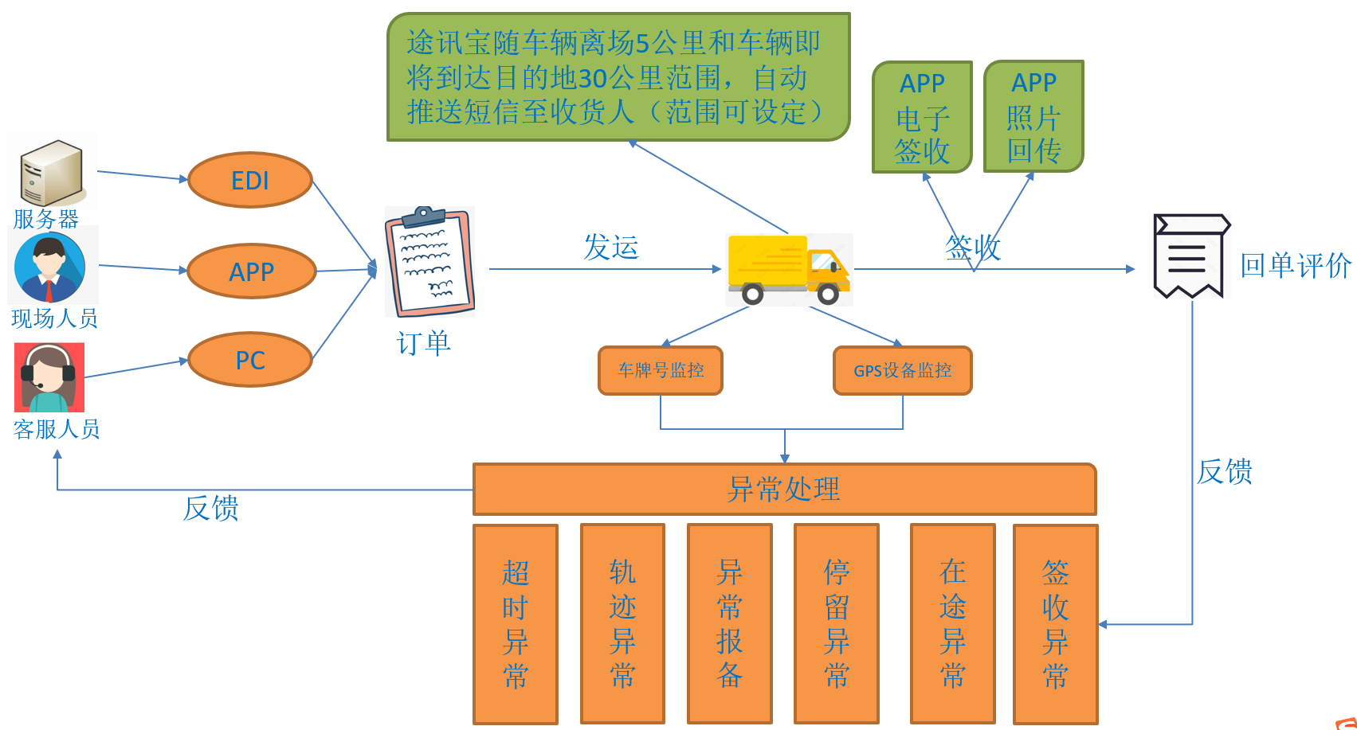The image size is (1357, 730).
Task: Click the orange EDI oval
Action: pyautogui.click(x=250, y=181)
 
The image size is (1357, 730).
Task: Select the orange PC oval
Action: pyautogui.click(x=250, y=360)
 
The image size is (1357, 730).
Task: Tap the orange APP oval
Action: pyautogui.click(x=252, y=271)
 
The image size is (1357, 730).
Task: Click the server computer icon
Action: pyautogui.click(x=52, y=173)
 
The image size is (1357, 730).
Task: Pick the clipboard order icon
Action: pyautogui.click(x=429, y=262)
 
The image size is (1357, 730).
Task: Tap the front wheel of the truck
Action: pyautogui.click(x=828, y=294)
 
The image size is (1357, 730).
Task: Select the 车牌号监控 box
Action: pyautogui.click(x=661, y=370)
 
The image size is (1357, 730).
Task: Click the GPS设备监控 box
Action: pyautogui.click(x=902, y=370)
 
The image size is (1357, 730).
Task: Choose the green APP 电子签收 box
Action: pyautogui.click(x=922, y=117)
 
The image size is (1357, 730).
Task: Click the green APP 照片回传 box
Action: pyautogui.click(x=1033, y=116)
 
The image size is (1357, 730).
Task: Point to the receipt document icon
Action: pyautogui.click(x=1190, y=256)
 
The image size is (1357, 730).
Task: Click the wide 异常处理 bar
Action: pyautogui.click(x=784, y=489)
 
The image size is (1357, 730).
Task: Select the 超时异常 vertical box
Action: pyautogui.click(x=516, y=624)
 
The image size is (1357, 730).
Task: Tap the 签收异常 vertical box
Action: pyautogui.click(x=1055, y=624)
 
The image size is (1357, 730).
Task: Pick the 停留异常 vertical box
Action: pyautogui.click(x=837, y=623)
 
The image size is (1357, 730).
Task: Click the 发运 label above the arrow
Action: pyautogui.click(x=611, y=247)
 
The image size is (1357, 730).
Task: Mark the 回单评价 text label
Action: pyautogui.click(x=1296, y=265)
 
